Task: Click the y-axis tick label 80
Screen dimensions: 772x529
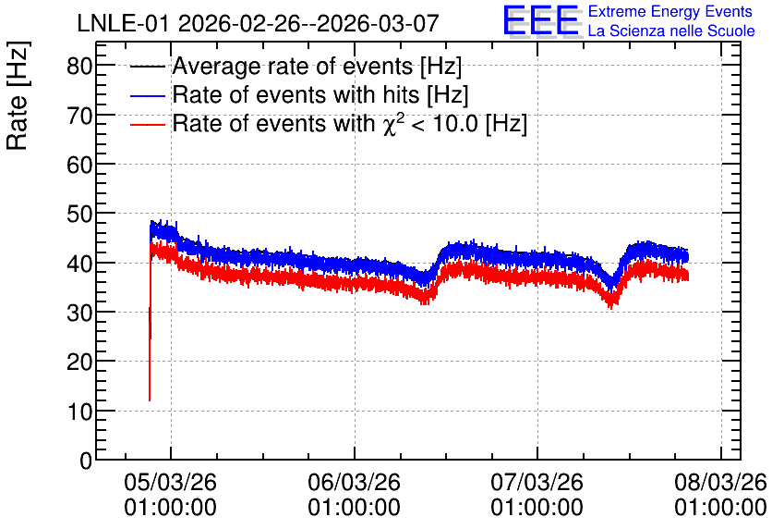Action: click(x=79, y=66)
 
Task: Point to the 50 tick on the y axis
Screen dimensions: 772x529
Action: click(x=79, y=214)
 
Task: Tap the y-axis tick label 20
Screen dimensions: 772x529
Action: click(x=79, y=362)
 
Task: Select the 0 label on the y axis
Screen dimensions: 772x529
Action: click(x=86, y=461)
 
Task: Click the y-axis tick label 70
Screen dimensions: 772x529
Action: click(x=79, y=115)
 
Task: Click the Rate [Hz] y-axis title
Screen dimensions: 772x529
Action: click(x=18, y=95)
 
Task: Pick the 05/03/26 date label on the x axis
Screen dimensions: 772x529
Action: click(x=170, y=482)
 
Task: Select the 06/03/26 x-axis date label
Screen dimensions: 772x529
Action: click(x=354, y=482)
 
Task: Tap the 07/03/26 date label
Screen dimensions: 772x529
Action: click(x=537, y=482)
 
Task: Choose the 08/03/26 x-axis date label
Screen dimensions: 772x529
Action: click(x=721, y=482)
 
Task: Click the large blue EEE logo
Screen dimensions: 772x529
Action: click(x=540, y=20)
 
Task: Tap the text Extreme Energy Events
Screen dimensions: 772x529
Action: click(x=670, y=11)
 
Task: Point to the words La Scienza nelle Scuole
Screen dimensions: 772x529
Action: click(x=671, y=31)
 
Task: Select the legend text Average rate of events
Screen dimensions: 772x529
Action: click(x=293, y=66)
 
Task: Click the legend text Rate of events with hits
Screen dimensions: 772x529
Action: click(x=296, y=94)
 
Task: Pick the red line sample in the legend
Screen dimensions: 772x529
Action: click(x=147, y=124)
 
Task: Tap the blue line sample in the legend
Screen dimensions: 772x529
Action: click(x=147, y=95)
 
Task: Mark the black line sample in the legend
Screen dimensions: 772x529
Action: click(x=147, y=67)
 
